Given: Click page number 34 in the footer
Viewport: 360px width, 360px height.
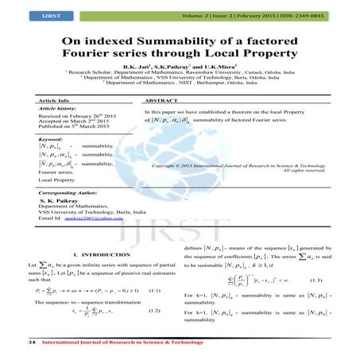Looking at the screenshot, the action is tap(31, 342).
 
